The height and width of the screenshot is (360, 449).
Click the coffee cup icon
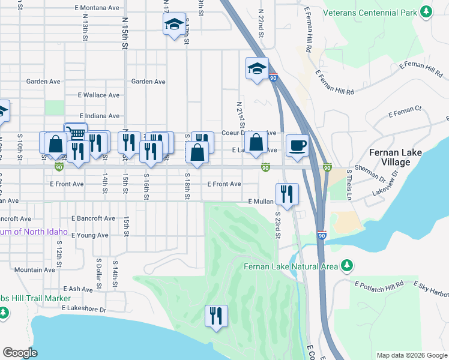298,145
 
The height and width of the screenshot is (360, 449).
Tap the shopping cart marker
76,133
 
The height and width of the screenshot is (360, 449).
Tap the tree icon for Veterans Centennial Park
426,12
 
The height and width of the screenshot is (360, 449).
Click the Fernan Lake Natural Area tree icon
346,265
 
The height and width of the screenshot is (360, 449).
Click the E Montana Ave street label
97,7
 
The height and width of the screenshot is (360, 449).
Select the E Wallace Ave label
99,95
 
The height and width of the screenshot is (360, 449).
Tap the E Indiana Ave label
99,116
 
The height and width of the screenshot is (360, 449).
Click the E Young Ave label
89,235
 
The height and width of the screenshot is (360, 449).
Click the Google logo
20,352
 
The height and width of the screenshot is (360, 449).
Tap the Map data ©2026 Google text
411,355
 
